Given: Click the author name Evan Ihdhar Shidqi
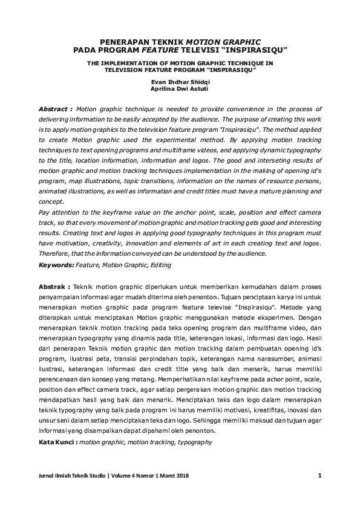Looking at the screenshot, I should (x=180, y=81).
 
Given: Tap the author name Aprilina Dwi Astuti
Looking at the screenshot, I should (x=180, y=88).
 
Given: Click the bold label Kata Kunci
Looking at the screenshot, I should (x=57, y=442).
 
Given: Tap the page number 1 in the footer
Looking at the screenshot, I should (x=319, y=476).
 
